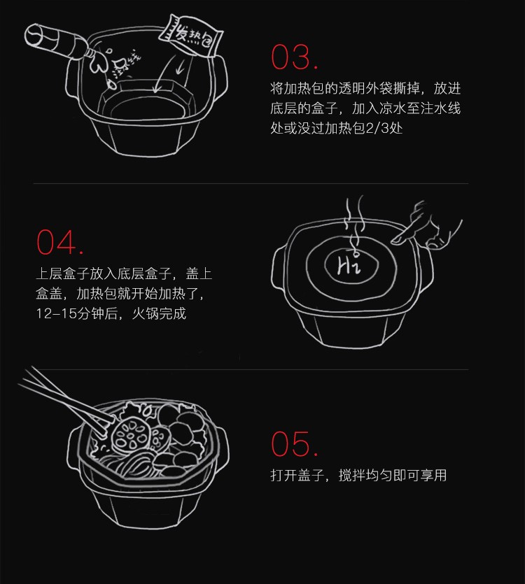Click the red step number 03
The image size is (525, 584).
(x=295, y=57)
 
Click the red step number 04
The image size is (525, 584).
(x=59, y=242)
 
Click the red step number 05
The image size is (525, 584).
(x=295, y=443)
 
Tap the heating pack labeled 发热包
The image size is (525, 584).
(x=190, y=37)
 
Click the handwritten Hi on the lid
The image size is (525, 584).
(x=349, y=266)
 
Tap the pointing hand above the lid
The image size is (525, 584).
(x=427, y=227)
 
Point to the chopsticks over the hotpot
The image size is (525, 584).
(x=67, y=401)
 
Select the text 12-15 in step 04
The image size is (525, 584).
(x=57, y=313)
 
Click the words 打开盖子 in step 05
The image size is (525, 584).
(x=297, y=476)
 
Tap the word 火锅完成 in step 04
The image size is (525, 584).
(x=159, y=313)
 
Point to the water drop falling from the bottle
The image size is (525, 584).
(x=112, y=84)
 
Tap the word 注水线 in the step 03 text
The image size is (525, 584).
(x=440, y=108)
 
